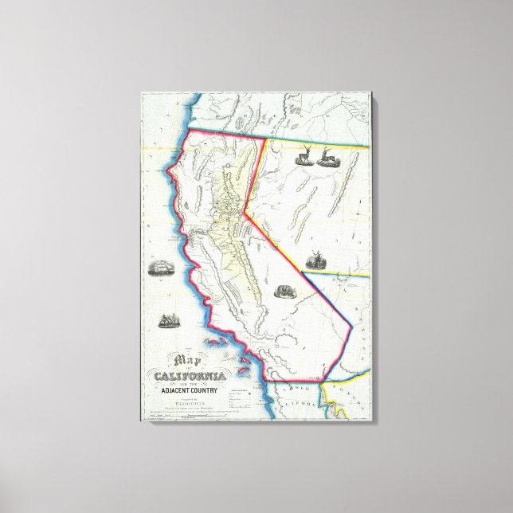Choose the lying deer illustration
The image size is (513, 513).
[x=327, y=158]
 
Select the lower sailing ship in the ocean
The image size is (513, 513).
[x=168, y=322]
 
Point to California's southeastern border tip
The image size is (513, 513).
[x=323, y=380]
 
